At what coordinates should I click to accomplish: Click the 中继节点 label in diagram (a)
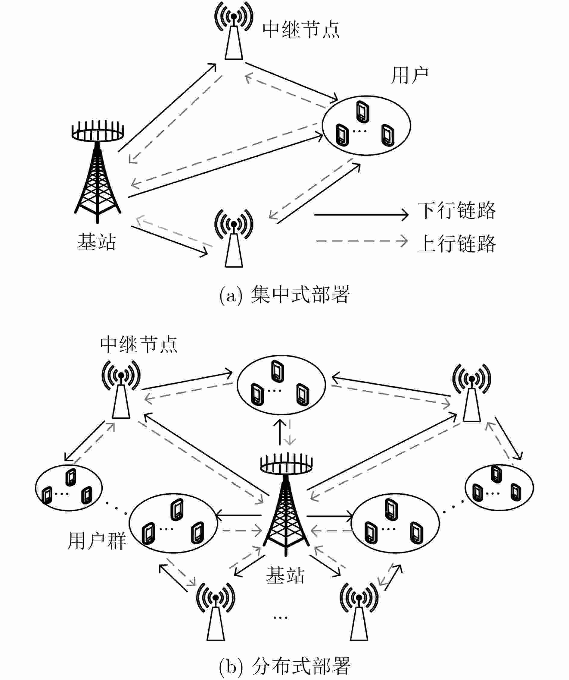coord(301,30)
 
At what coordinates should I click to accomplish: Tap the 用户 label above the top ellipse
coord(409,75)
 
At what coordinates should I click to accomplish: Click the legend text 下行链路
coord(456,211)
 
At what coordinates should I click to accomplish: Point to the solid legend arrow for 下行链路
coord(361,215)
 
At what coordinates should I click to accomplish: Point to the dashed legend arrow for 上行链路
coord(361,241)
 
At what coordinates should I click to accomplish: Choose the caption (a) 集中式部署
coord(284,295)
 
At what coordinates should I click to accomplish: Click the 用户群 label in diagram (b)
coord(96,540)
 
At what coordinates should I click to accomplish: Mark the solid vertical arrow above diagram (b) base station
coord(280,432)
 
